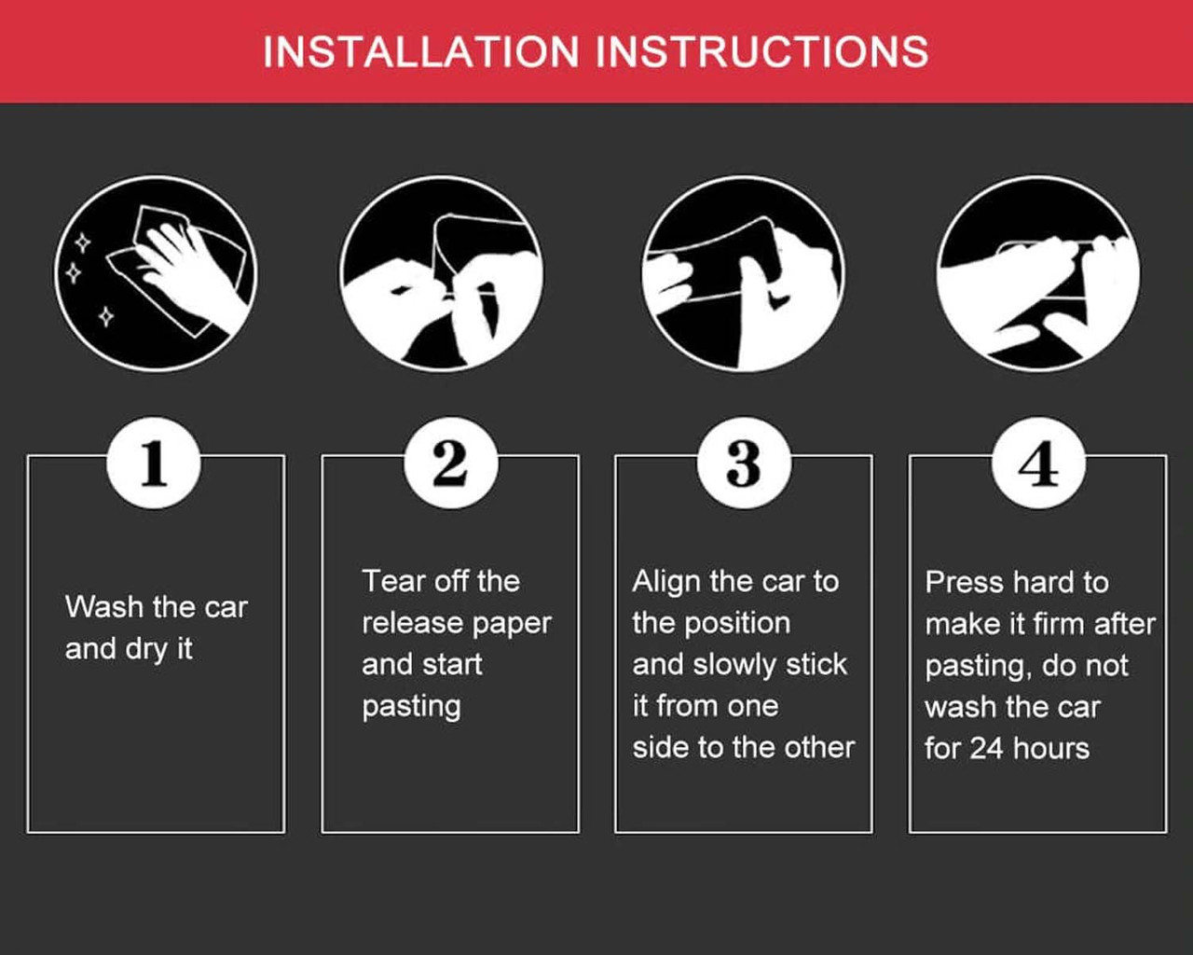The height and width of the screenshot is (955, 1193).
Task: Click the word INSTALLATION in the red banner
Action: click(x=420, y=52)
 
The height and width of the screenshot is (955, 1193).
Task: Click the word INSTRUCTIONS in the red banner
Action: click(x=762, y=52)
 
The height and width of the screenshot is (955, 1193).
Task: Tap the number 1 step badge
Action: click(x=154, y=463)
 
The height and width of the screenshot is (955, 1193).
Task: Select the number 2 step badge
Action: click(x=451, y=463)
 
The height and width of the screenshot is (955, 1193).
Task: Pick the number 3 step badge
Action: click(x=744, y=463)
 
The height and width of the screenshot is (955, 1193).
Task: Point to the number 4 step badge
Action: click(x=1038, y=463)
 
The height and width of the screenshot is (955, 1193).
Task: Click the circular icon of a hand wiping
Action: click(x=156, y=273)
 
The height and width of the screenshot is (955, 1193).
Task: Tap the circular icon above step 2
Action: click(x=442, y=273)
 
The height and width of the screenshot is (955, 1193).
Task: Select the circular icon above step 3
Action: click(x=744, y=273)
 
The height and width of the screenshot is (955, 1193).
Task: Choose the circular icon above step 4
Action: click(x=1038, y=273)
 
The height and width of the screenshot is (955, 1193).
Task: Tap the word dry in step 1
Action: click(x=146, y=650)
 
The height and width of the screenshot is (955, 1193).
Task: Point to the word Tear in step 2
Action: click(x=393, y=581)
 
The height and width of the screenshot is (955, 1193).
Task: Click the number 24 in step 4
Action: click(x=986, y=749)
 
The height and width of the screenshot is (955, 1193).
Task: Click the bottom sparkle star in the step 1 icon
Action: click(x=106, y=317)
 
